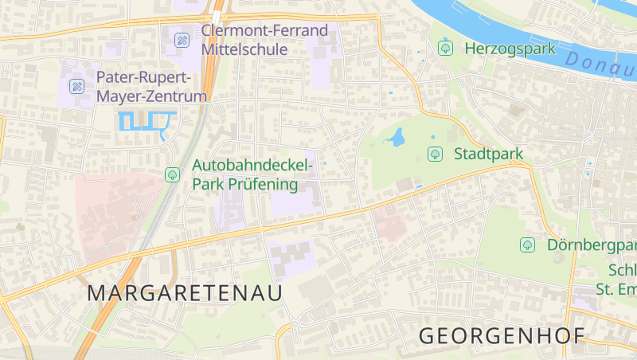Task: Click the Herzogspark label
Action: pyautogui.click(x=510, y=49)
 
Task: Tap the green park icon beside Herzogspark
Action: pyautogui.click(x=445, y=49)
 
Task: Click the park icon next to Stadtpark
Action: pyautogui.click(x=435, y=154)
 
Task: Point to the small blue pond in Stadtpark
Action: pyautogui.click(x=395, y=139)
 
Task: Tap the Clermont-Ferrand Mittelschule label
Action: pyautogui.click(x=264, y=39)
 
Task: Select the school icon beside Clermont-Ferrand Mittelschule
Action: pyautogui.click(x=182, y=38)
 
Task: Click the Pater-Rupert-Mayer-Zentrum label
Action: pyautogui.click(x=151, y=86)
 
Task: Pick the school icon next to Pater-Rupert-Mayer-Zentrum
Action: pyautogui.click(x=77, y=86)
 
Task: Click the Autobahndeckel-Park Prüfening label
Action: pyautogui.click(x=251, y=174)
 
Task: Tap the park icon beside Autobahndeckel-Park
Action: pyautogui.click(x=172, y=174)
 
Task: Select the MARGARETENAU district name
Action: pyautogui.click(x=185, y=293)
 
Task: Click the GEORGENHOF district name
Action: pyautogui.click(x=502, y=335)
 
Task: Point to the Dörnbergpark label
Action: pyautogui.click(x=592, y=245)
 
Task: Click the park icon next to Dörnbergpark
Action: pyautogui.click(x=527, y=245)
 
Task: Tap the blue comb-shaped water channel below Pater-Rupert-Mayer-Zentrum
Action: pyautogui.click(x=147, y=121)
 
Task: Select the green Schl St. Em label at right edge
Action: pyautogui.click(x=616, y=279)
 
